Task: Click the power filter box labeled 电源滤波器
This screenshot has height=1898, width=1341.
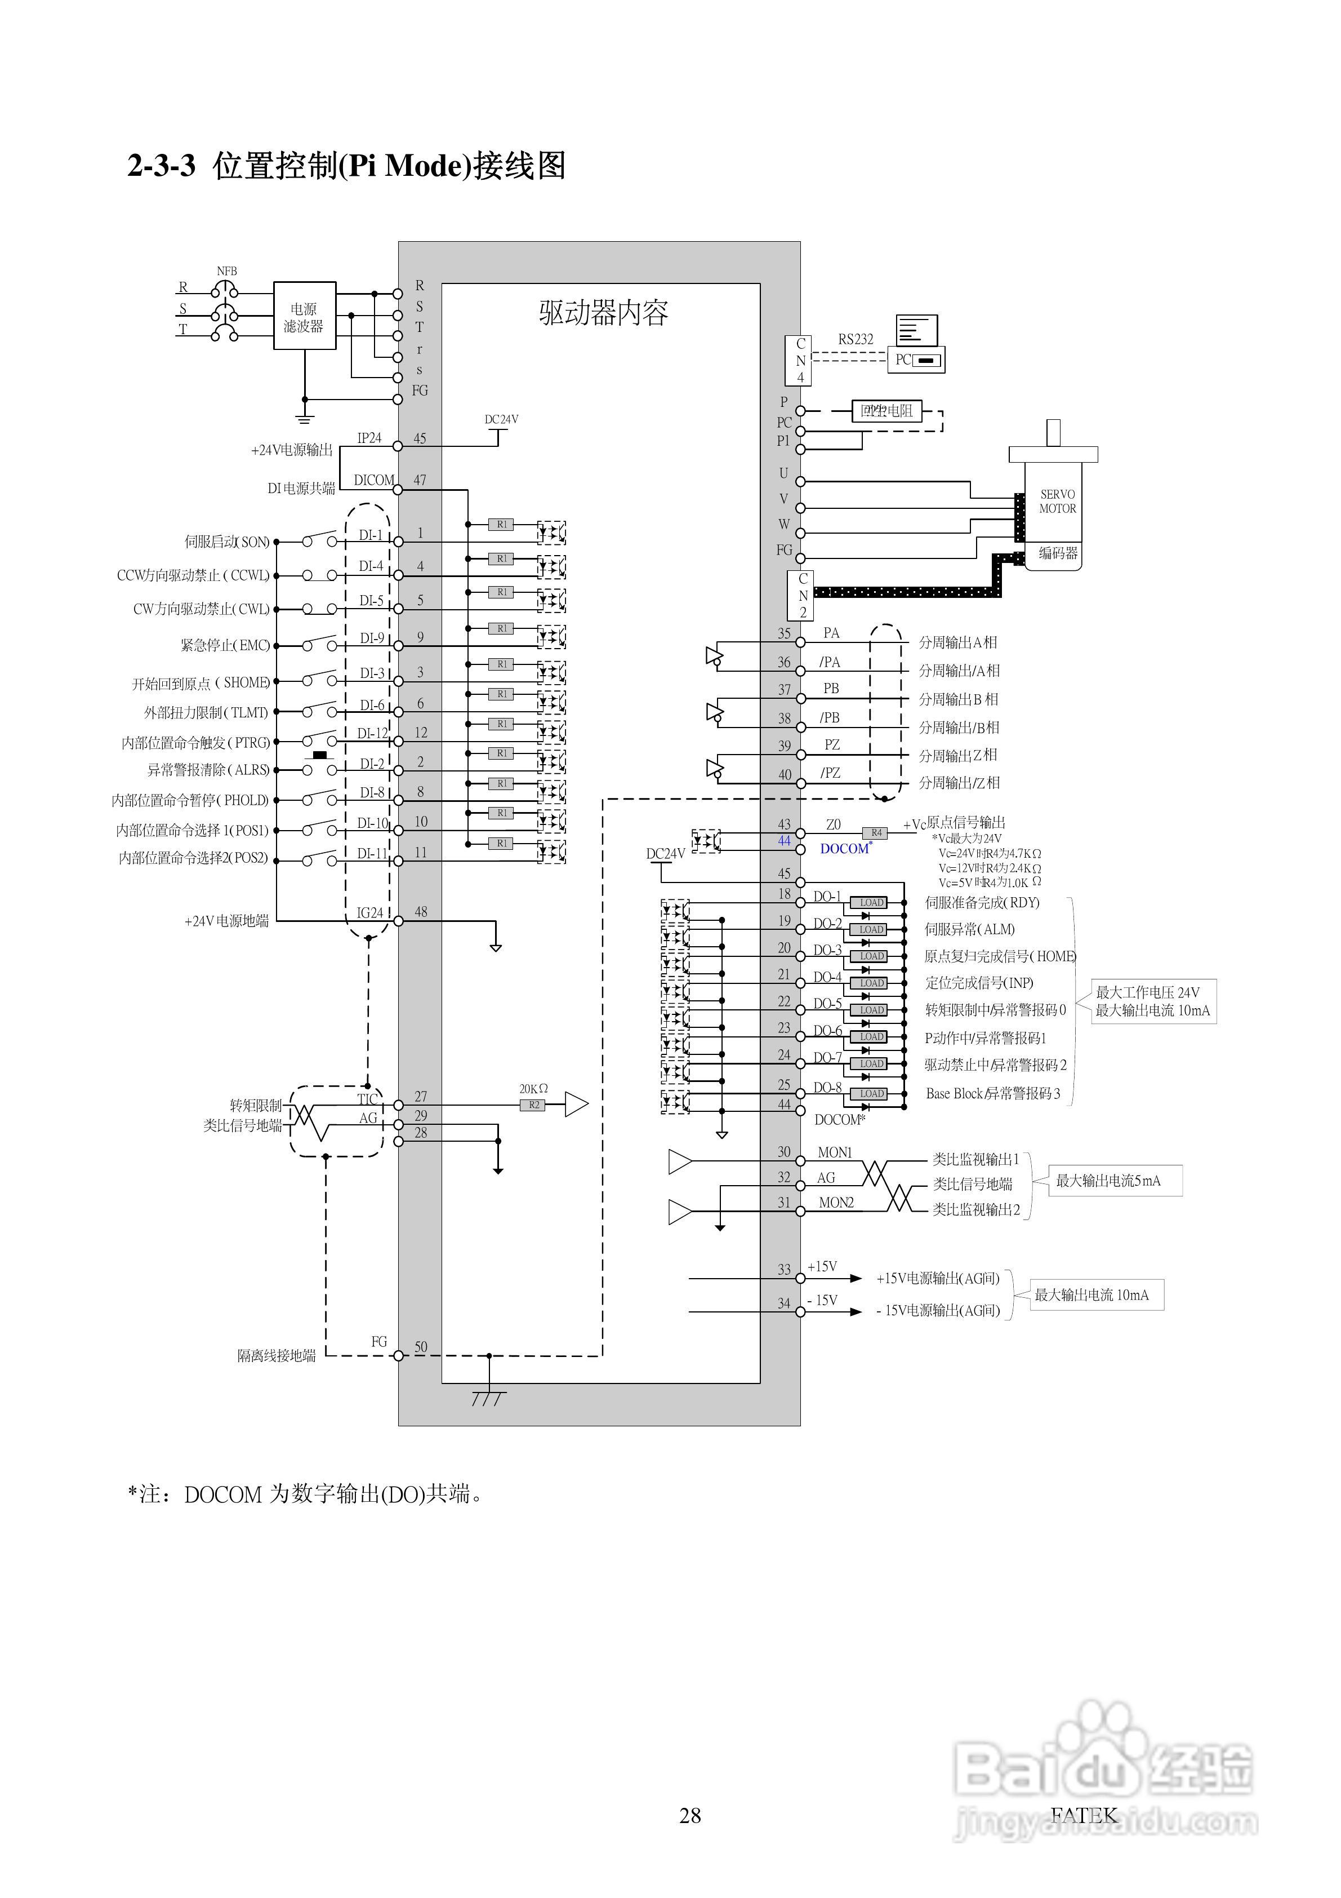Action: click(x=304, y=316)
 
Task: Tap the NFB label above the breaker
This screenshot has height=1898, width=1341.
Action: click(x=226, y=271)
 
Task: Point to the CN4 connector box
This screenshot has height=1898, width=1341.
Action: click(x=799, y=361)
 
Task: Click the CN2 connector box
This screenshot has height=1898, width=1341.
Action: click(x=802, y=595)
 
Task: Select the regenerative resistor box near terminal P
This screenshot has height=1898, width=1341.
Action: click(x=886, y=411)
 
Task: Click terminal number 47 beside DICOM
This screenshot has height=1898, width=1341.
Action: click(x=420, y=480)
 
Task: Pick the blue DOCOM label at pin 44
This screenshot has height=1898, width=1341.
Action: click(x=844, y=848)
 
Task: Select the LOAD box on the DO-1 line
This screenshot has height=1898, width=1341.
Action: click(x=871, y=903)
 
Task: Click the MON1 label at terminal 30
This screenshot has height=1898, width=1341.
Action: click(x=835, y=1152)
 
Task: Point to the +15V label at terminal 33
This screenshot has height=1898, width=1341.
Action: click(x=822, y=1266)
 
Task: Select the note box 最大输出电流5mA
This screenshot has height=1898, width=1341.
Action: click(x=1115, y=1181)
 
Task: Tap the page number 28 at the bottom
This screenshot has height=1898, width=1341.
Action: click(x=690, y=1815)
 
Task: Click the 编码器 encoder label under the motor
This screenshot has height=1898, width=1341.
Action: click(x=1058, y=553)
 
